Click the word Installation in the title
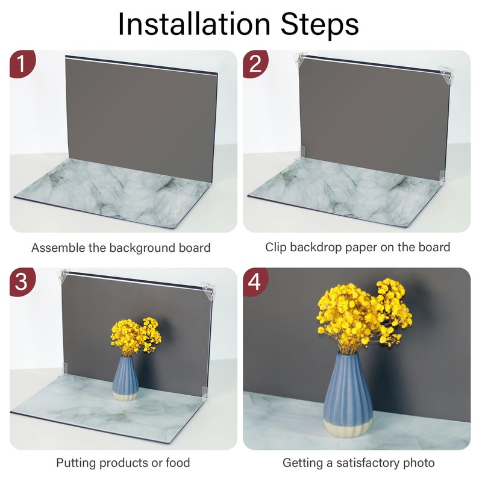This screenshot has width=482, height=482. (x=194, y=24)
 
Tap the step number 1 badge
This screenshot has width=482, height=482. (x=22, y=64)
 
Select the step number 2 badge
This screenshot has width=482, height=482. (x=255, y=64)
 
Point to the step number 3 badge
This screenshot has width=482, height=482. (x=22, y=281)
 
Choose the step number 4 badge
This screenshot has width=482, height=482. (x=255, y=281)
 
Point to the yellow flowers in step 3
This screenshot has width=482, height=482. (x=136, y=336)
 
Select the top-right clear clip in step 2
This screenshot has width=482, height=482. (x=445, y=74)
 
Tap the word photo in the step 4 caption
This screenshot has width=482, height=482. (x=419, y=463)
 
